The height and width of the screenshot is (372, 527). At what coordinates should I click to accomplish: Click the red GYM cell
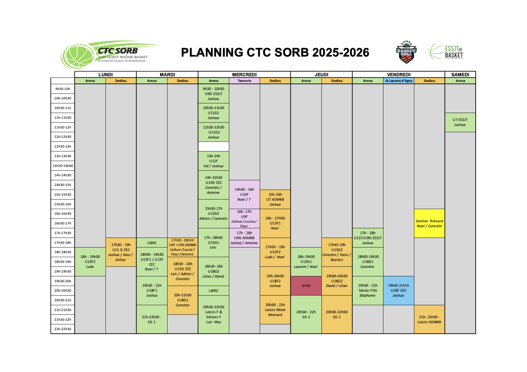click(306, 286)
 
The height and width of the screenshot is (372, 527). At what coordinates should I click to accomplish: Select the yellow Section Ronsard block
click(429, 224)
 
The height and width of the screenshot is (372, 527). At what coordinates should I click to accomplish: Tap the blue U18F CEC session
click(399, 291)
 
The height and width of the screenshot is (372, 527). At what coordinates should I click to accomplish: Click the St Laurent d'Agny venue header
click(399, 81)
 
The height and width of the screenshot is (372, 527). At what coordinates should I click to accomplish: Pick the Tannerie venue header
click(244, 81)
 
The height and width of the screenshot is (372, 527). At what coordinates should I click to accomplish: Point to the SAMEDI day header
click(460, 74)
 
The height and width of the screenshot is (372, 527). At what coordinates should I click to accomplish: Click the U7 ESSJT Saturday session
click(460, 123)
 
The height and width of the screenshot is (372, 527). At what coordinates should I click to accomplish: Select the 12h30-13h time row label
click(63, 146)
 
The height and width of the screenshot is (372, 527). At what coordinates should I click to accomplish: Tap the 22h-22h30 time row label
click(63, 329)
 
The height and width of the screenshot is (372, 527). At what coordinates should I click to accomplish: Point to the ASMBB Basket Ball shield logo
click(406, 52)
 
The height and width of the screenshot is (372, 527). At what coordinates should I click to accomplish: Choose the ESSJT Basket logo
click(445, 52)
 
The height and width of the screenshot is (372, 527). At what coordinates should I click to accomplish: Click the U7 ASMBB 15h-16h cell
click(275, 199)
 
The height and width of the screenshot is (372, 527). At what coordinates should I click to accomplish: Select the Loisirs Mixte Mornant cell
click(275, 310)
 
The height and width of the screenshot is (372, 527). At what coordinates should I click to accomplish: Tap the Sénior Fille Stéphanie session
click(368, 291)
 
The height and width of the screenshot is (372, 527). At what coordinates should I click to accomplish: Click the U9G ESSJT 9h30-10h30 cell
click(213, 94)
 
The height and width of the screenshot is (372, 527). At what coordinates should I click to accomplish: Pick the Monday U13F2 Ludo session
click(90, 262)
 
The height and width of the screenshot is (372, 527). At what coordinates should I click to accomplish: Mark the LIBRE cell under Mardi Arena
click(152, 243)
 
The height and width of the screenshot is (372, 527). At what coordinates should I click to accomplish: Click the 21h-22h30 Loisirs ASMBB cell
click(429, 319)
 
